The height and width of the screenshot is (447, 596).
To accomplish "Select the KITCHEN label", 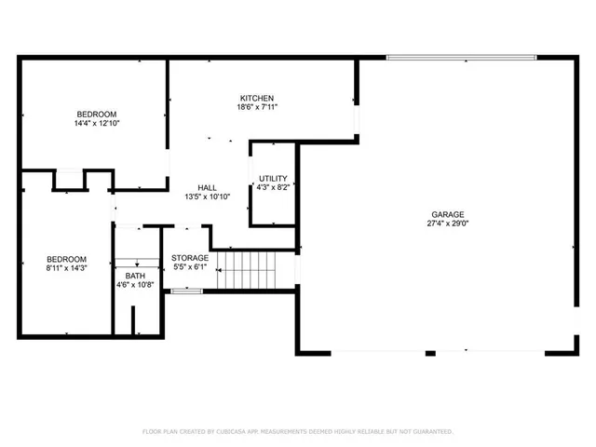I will [256, 99].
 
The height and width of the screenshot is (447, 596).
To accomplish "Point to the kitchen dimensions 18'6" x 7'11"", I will [256, 108].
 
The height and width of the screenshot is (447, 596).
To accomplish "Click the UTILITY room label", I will [273, 178].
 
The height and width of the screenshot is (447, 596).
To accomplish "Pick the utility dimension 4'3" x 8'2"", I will [273, 187].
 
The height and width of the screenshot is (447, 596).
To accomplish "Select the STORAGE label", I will [190, 258].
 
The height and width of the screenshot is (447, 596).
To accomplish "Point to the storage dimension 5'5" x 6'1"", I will [190, 267].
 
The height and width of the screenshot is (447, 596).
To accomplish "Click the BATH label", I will [135, 276].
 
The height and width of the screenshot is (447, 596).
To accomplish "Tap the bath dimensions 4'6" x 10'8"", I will [135, 285].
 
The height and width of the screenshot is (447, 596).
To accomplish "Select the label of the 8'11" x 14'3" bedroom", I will [67, 259].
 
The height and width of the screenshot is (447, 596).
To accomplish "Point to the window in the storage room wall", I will [186, 291].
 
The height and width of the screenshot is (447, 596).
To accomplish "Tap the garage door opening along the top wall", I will [461, 58].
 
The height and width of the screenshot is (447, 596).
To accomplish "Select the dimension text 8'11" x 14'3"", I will [67, 268].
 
